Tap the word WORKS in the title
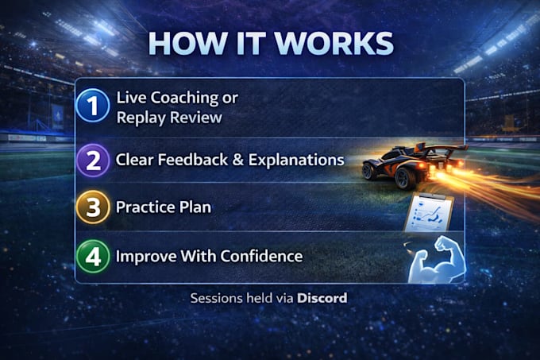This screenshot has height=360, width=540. coord(334,44)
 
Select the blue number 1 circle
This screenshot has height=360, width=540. coord(93,106)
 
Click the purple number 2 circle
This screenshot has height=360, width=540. coord(93,161)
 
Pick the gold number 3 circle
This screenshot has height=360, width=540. coord(93,207)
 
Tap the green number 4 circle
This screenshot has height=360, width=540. coord(93,257)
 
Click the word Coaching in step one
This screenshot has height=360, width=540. coord(184,99)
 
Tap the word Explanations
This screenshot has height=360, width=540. coord(296,161)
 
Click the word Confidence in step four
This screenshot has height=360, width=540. coord(262,257)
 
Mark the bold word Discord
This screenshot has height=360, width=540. coord(322,298)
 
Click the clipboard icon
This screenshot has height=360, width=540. coord(428,213)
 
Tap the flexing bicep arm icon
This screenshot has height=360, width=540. coord(437,260)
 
